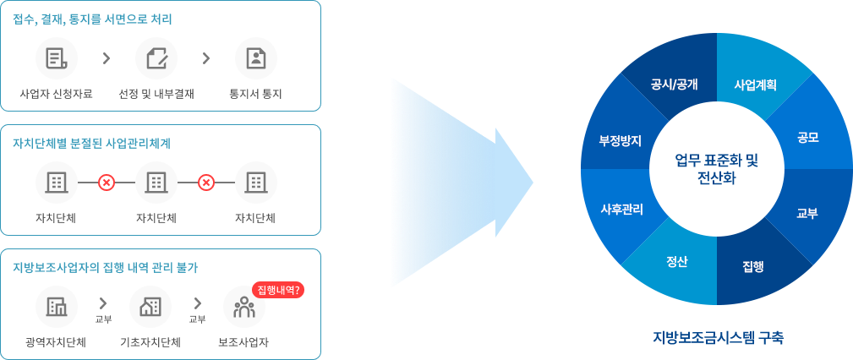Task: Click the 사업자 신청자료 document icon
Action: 57,58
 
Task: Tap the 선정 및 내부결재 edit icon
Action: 156,58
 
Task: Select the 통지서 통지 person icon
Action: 255,58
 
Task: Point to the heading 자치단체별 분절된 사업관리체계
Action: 92,143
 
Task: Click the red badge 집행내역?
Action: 278,290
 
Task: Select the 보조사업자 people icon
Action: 244,308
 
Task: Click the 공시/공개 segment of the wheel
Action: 674,85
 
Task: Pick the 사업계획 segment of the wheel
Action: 755,85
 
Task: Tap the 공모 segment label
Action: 807,137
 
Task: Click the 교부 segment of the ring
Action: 807,213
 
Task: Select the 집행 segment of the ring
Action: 753,266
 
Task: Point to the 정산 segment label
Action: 677,261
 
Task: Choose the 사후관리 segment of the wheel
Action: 621,209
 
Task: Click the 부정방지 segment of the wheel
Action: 621,140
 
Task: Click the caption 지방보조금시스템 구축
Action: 718,338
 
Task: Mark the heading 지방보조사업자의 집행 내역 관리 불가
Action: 106,268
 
